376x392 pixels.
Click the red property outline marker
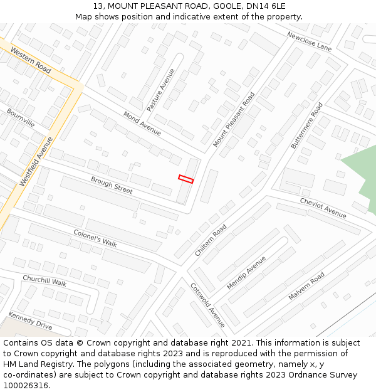coord(186,179)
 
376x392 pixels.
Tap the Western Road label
coord(31,60)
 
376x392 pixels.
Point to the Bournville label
coord(21,118)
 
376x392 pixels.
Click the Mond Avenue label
coord(142,124)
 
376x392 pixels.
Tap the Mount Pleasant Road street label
coord(234,119)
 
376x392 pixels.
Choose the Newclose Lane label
coord(310,41)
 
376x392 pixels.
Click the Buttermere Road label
coord(307,125)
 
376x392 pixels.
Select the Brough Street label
coord(112,185)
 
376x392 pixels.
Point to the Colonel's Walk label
coord(95,238)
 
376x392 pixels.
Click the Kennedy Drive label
coord(30,320)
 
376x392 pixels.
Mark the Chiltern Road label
coord(211,241)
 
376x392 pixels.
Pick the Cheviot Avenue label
coord(323,208)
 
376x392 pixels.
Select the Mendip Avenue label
coord(246,272)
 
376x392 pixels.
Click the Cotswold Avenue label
coord(207,305)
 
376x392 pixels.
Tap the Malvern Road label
coord(306,285)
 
